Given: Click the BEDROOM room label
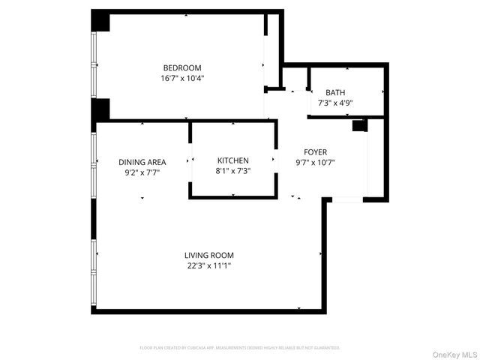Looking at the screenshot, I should coord(182,67).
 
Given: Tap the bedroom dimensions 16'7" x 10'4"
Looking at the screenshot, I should coord(182,78).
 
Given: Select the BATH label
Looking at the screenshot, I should coord(335,92).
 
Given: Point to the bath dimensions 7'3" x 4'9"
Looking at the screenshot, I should coord(335,103).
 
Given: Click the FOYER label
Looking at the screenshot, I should coord(315,152).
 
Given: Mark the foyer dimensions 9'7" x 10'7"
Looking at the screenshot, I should coord(315,163).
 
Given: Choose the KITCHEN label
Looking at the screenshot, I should coord(232,160).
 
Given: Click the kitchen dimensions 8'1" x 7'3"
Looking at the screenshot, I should coord(232,171).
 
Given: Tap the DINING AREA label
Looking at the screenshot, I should coord(142,162).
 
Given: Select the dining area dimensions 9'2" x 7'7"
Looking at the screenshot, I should coord(142,172).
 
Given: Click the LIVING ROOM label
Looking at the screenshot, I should coord(209,255).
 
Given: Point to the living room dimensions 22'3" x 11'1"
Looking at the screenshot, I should coord(209,265).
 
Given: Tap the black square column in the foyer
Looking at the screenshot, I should coord(358,125).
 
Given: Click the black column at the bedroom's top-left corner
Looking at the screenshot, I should coord(100,21).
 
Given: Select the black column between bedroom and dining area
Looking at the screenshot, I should coord(100,109).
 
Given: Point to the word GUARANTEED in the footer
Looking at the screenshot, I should coord(325,348).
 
